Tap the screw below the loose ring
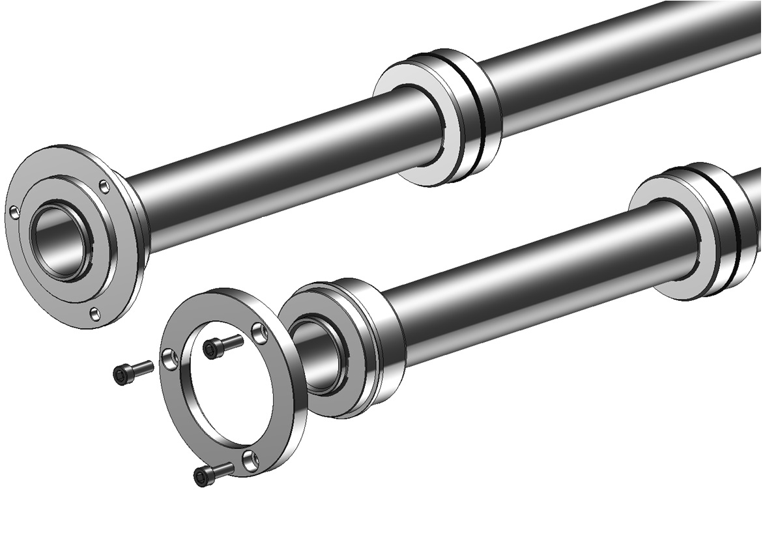pos(212,474)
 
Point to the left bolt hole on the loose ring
pos(169,357)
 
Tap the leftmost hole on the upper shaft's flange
pos(14,212)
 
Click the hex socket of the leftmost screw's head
pos(121,375)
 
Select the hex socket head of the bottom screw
pos(201,478)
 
